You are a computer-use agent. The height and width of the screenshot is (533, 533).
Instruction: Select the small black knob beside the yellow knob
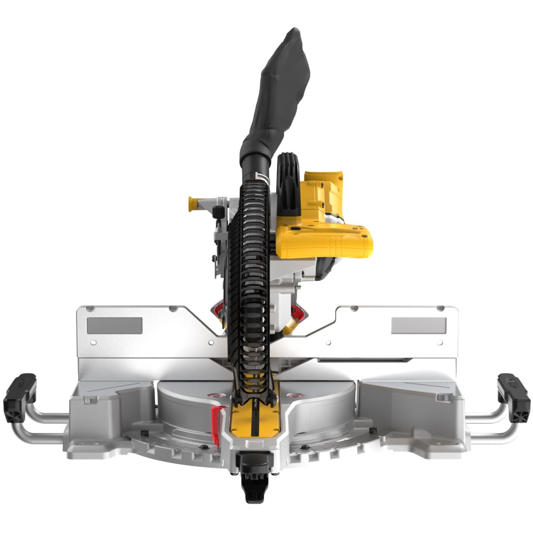[218, 210]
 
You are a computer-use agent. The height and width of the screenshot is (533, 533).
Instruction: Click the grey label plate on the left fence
[114, 325]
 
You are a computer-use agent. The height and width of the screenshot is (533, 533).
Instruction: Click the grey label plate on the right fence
[419, 325]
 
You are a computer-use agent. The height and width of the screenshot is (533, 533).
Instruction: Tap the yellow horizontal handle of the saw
[325, 241]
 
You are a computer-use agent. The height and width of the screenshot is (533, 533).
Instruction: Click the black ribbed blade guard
[250, 273]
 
